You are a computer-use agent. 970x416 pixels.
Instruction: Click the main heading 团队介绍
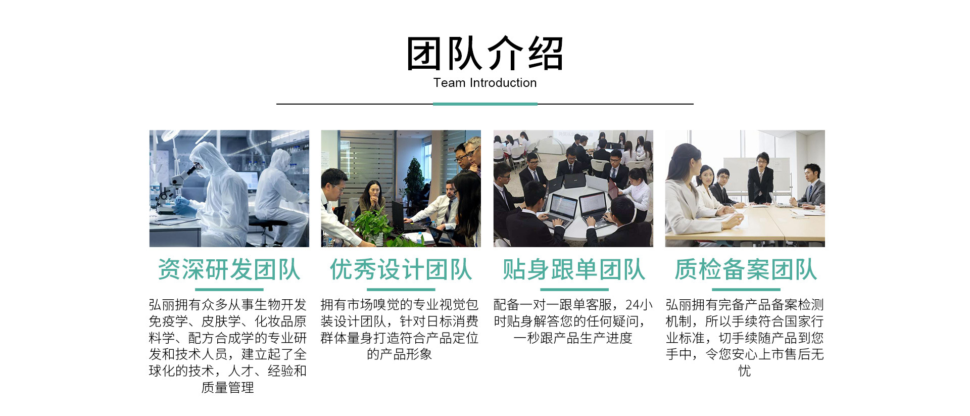coord(484,53)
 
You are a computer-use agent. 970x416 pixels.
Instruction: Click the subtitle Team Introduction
coord(485,83)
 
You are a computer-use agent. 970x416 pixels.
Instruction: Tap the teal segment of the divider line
coord(485,104)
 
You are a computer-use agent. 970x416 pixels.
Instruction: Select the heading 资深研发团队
coord(229,269)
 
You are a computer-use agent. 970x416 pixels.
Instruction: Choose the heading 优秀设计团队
coord(401,269)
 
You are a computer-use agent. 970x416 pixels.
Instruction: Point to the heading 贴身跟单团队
coord(573,269)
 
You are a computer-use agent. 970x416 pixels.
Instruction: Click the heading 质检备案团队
coord(746,269)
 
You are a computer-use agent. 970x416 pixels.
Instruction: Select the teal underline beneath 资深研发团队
coord(229,290)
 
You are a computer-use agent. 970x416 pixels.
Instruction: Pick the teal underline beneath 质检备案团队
coord(746,290)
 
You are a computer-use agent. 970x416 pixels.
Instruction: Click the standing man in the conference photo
coord(760,179)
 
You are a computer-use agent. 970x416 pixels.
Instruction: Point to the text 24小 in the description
coord(639,305)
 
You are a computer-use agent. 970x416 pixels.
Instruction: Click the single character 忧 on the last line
coord(745,371)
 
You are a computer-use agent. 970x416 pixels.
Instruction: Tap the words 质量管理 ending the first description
coord(228,388)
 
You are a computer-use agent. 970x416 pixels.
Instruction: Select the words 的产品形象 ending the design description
coord(400,354)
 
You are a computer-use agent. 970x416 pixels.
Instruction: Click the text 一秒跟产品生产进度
coord(573,338)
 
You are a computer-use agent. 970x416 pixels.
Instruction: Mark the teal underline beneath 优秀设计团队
coord(401,290)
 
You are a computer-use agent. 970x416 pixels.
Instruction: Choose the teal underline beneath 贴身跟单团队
coord(573,290)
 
